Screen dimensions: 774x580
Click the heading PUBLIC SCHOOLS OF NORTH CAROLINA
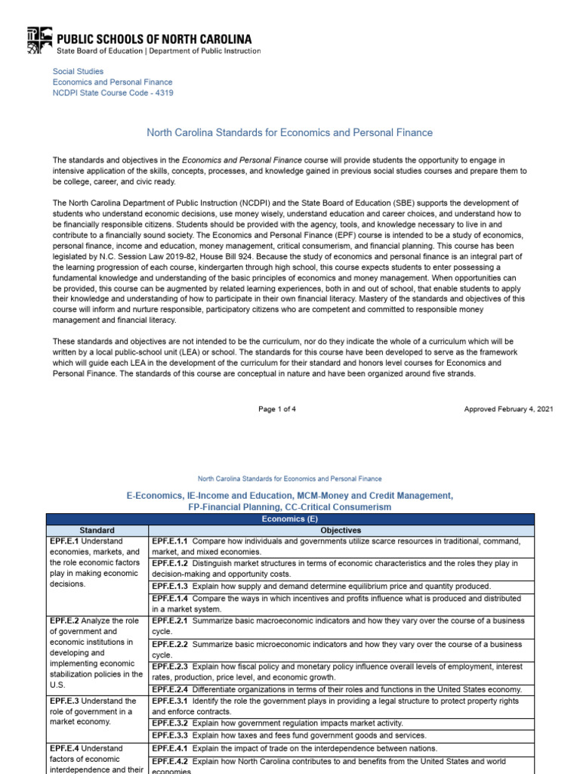(155, 38)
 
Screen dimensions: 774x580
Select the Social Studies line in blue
(78, 71)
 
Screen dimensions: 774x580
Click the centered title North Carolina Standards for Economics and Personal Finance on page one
(289, 132)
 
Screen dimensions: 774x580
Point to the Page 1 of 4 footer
(277, 409)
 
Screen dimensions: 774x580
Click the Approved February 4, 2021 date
(508, 409)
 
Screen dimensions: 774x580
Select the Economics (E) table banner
(290, 519)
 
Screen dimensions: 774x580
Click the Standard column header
(97, 531)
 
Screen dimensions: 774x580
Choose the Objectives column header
(341, 531)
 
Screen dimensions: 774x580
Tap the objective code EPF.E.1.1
(170, 541)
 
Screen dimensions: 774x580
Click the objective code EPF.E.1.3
(170, 586)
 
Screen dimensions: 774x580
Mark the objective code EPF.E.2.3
(170, 667)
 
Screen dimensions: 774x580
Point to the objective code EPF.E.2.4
(170, 689)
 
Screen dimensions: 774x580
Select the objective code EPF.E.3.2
(170, 723)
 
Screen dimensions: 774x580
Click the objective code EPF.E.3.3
(170, 735)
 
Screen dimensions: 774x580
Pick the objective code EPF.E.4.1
(170, 748)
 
